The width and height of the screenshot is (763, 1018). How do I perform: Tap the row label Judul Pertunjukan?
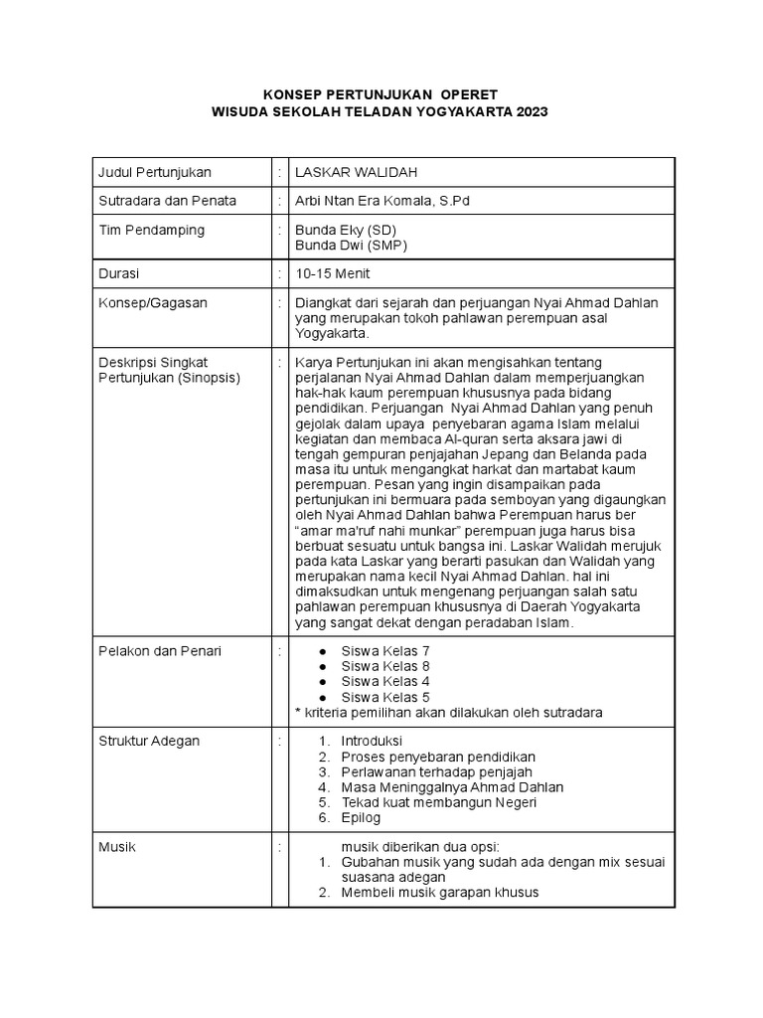[154, 172]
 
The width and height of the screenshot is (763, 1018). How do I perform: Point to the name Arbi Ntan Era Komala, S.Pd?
[382, 201]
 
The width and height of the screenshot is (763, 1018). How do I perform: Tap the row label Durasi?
[118, 273]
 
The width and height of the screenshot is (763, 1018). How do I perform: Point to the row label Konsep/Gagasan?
[152, 303]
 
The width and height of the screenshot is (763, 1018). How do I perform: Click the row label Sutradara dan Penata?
[167, 201]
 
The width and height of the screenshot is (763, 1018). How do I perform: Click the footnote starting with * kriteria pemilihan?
[448, 712]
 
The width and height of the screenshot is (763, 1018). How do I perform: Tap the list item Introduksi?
[373, 742]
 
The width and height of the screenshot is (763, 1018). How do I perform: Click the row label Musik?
[116, 847]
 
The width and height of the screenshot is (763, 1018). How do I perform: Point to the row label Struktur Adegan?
[148, 742]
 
